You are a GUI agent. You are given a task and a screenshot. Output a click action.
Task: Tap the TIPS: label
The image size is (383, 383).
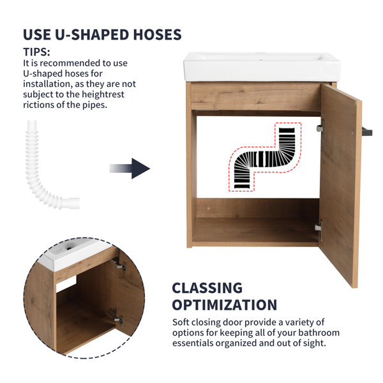[36, 52]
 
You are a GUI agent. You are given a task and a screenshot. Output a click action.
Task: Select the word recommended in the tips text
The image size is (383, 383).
[70, 63]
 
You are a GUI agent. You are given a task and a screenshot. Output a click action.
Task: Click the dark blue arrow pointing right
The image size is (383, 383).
[130, 169]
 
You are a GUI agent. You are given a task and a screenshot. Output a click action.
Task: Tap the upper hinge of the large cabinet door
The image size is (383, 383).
[320, 128]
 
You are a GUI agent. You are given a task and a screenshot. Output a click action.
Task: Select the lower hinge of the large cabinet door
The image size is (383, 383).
[319, 228]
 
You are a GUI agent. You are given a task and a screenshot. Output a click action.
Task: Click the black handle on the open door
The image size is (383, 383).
[367, 131]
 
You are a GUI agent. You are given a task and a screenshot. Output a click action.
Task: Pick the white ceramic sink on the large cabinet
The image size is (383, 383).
[262, 66]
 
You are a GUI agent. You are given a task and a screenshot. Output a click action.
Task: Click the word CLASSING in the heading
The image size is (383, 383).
[207, 288]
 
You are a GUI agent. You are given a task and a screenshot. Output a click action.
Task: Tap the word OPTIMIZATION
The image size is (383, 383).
[225, 305]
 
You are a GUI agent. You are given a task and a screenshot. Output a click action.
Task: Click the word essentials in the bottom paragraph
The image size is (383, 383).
[193, 343]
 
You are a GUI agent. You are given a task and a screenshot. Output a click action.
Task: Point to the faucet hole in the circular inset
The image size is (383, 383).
[69, 248]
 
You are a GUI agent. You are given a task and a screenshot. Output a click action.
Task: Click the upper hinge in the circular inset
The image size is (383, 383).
[120, 264]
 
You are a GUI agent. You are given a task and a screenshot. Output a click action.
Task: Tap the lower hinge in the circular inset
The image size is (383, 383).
[116, 317]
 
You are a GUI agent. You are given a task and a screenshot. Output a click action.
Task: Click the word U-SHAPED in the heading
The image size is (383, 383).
[92, 34]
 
